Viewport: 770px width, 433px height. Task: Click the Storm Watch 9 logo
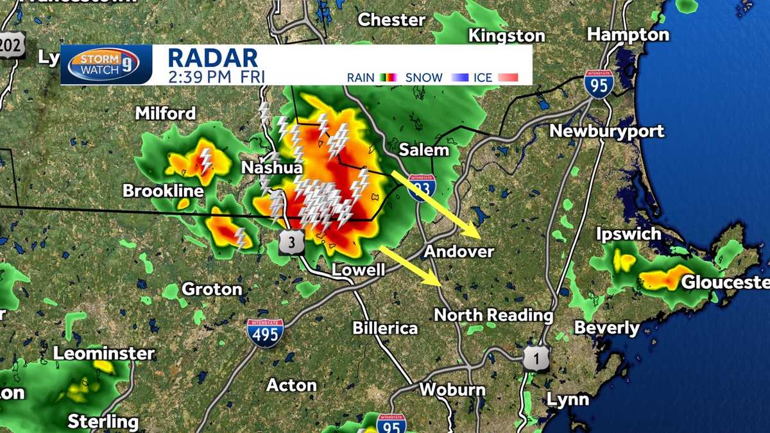(103, 65)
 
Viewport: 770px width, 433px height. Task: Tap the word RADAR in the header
(212, 58)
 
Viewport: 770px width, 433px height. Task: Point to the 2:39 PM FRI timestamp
(216, 77)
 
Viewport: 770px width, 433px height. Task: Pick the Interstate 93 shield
(421, 188)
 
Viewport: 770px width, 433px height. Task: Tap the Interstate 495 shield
(266, 334)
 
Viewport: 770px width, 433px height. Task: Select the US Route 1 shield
(536, 359)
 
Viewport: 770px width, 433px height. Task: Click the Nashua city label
(271, 168)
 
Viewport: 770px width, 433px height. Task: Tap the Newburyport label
(606, 132)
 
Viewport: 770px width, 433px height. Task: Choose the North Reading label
(493, 315)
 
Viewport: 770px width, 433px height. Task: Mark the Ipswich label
(628, 233)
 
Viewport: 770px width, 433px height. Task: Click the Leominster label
(103, 353)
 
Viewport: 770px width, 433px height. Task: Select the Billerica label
(385, 328)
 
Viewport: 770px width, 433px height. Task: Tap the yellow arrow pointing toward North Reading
(411, 265)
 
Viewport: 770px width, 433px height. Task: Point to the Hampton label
(628, 35)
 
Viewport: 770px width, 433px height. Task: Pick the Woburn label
(452, 389)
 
